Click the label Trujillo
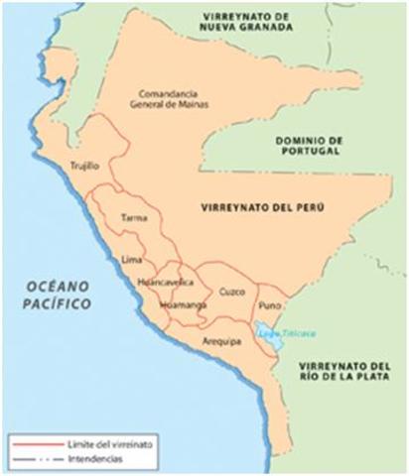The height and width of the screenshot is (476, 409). click(85, 167)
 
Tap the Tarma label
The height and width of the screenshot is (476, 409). click(132, 216)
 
